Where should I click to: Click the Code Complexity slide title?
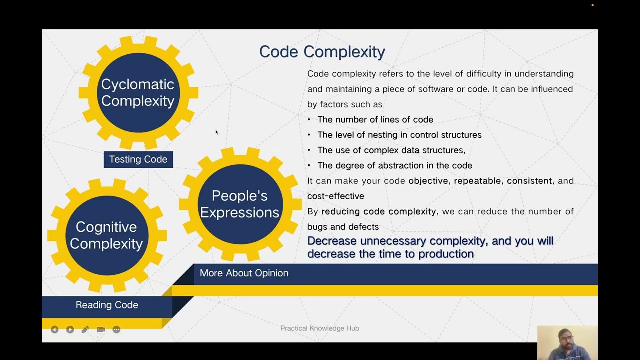(322, 52)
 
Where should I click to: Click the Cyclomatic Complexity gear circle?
(138, 92)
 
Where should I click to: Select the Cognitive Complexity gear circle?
(106, 235)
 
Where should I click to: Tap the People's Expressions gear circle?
(240, 204)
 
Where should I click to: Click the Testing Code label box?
(138, 159)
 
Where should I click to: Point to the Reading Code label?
(107, 305)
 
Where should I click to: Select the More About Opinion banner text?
(244, 273)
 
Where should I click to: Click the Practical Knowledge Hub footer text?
(320, 328)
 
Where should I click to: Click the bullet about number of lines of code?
(375, 120)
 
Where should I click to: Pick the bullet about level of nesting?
(399, 135)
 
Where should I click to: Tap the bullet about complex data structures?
(391, 150)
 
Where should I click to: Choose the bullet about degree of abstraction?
(395, 165)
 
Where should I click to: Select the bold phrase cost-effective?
(335, 196)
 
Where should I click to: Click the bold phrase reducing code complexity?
(378, 212)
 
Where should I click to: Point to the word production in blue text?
(446, 254)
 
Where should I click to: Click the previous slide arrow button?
(55, 330)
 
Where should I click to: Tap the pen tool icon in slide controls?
(85, 330)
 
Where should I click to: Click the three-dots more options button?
(116, 330)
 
